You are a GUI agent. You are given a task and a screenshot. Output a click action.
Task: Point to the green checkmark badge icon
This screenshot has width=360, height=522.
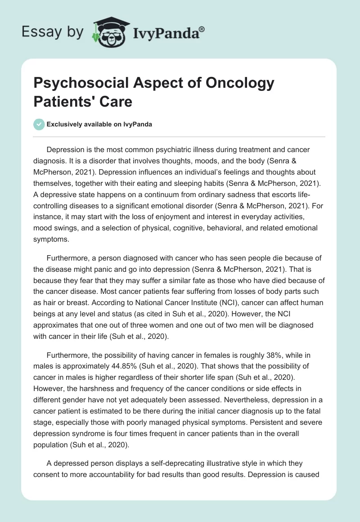click(39, 124)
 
